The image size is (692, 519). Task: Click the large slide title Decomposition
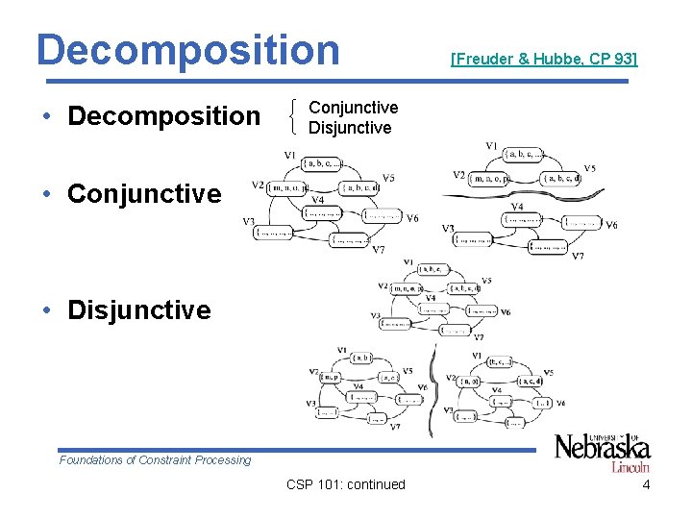tap(187, 49)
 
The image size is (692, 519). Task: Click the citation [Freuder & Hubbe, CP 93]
tap(544, 60)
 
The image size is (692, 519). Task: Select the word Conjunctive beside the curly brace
tap(353, 108)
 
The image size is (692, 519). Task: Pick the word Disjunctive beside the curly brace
tap(350, 128)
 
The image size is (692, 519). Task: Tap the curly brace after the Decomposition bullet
tap(293, 117)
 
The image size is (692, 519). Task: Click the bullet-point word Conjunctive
tap(144, 193)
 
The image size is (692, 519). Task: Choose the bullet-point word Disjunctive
tap(139, 309)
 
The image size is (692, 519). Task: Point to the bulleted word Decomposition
tap(164, 116)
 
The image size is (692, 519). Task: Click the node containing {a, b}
tap(362, 358)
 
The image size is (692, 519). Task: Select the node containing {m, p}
tap(330, 376)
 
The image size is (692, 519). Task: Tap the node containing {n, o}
tap(469, 383)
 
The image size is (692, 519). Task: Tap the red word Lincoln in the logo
tap(630, 467)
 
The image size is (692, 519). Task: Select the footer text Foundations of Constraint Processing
tap(155, 460)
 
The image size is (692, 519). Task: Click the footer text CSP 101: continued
tap(346, 484)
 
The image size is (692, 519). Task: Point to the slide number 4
tap(646, 484)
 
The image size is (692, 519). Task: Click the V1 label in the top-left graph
tap(289, 155)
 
